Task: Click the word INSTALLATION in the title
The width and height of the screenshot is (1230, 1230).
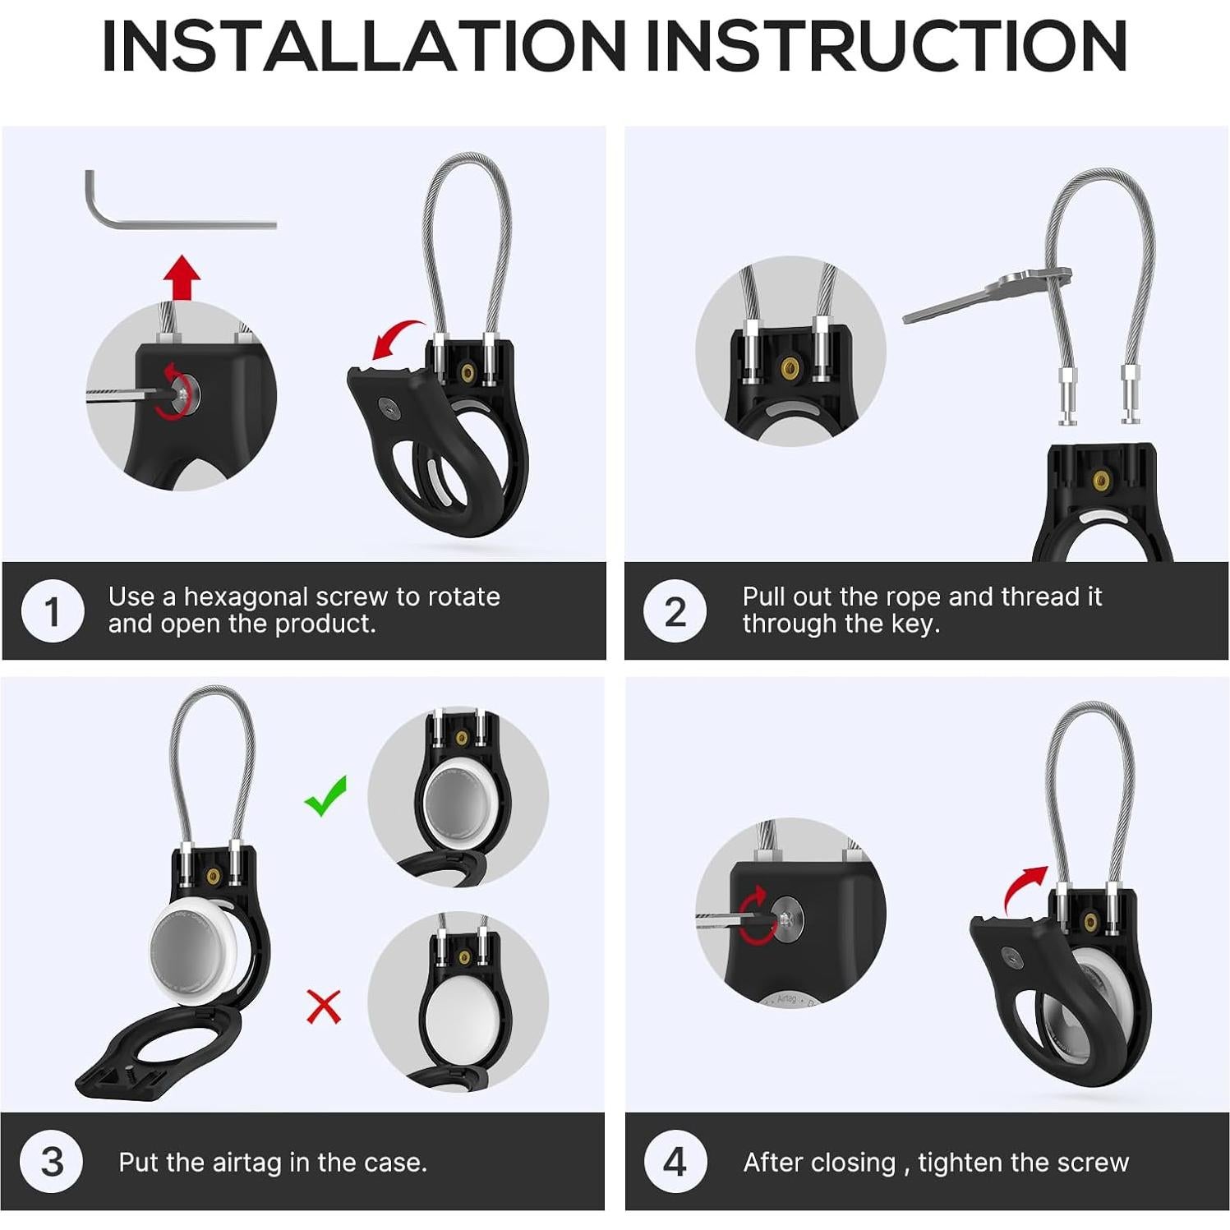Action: (x=364, y=47)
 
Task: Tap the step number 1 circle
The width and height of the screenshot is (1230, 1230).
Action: (x=53, y=611)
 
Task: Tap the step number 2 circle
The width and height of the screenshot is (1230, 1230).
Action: (x=675, y=611)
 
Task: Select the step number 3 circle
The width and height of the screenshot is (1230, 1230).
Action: (x=52, y=1162)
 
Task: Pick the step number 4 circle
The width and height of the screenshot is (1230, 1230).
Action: (x=675, y=1162)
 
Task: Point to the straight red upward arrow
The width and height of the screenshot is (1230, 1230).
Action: (x=182, y=279)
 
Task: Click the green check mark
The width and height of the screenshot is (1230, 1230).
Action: (x=326, y=795)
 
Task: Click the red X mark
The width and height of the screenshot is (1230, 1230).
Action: (x=324, y=1006)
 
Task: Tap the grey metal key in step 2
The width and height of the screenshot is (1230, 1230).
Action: (x=986, y=296)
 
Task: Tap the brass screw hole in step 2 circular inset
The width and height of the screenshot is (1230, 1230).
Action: (x=790, y=366)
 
